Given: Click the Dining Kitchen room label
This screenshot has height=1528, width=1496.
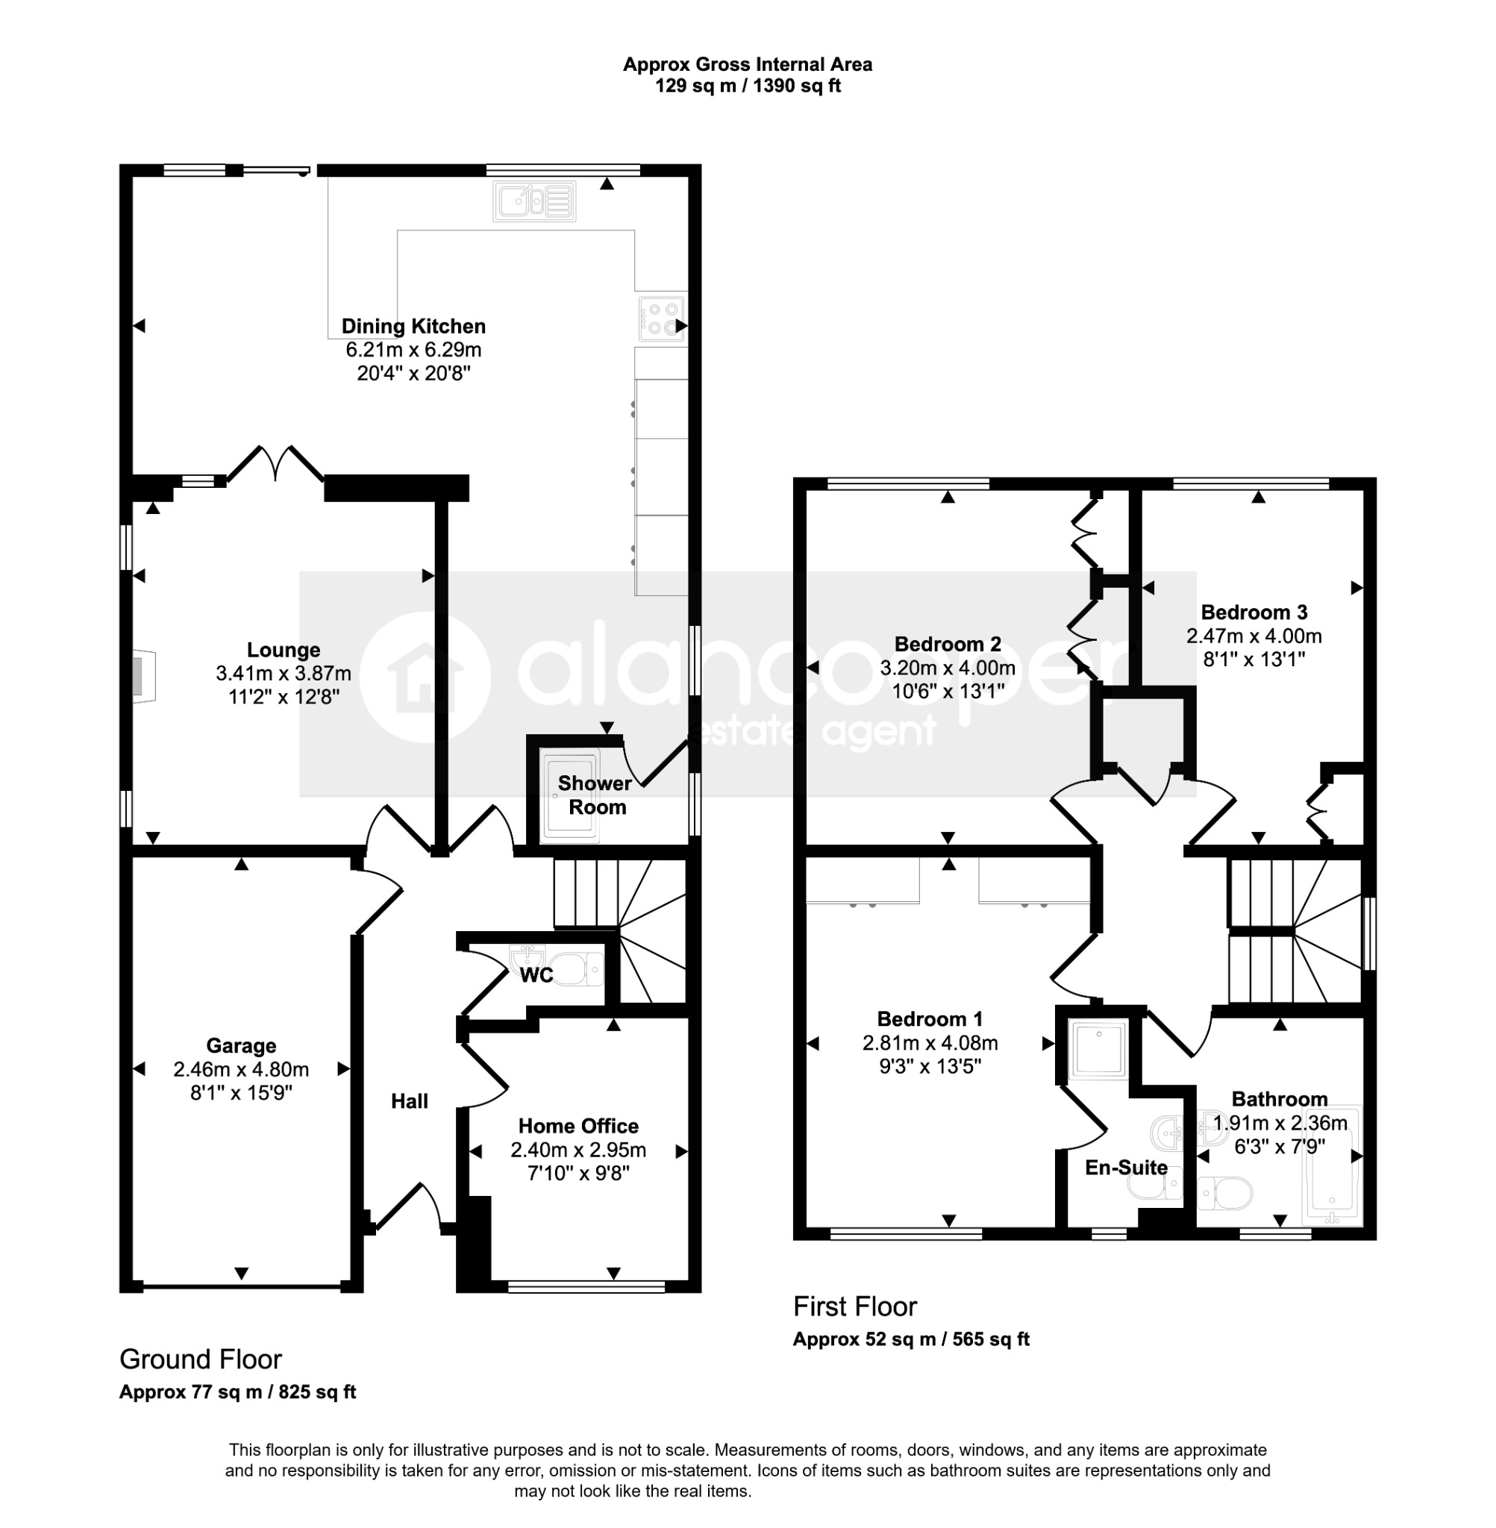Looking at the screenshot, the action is pyautogui.click(x=413, y=326).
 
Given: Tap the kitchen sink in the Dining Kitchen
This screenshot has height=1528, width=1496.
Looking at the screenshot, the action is pyautogui.click(x=534, y=201).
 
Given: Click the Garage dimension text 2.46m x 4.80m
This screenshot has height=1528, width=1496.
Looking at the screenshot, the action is pyautogui.click(x=241, y=1069).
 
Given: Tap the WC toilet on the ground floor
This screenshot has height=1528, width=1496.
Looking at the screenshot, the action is pyautogui.click(x=578, y=968).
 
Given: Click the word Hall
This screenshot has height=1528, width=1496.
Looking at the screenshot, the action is pyautogui.click(x=410, y=1101).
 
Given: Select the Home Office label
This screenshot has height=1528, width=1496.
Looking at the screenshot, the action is pyautogui.click(x=578, y=1126).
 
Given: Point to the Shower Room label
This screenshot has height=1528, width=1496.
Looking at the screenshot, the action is pyautogui.click(x=595, y=795).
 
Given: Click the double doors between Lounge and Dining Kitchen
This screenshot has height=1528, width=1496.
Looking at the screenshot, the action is pyautogui.click(x=275, y=463).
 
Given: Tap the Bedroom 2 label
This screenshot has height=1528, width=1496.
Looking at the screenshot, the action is pyautogui.click(x=948, y=644).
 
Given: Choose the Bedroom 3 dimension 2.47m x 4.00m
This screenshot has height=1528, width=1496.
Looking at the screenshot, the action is pyautogui.click(x=1254, y=636).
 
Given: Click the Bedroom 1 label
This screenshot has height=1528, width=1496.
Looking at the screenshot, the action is pyautogui.click(x=930, y=1019).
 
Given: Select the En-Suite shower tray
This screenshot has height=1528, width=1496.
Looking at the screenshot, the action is pyautogui.click(x=1099, y=1049).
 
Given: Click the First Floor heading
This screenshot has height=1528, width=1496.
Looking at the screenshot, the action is pyautogui.click(x=855, y=1306).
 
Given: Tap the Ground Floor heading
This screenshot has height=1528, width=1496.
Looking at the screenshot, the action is pyautogui.click(x=201, y=1359).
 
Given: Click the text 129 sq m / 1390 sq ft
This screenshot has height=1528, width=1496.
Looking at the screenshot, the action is pyautogui.click(x=748, y=86).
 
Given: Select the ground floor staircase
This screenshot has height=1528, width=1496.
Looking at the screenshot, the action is pyautogui.click(x=621, y=931).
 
